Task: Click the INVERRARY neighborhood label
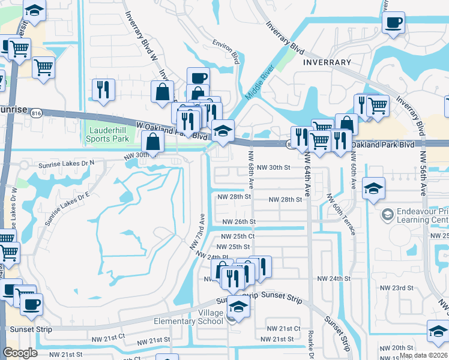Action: click(327, 62)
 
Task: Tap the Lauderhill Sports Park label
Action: click(109, 134)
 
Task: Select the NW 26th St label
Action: click(239, 221)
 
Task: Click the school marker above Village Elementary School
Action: click(238, 307)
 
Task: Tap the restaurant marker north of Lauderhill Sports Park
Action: click(103, 89)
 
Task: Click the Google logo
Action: click(20, 353)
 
